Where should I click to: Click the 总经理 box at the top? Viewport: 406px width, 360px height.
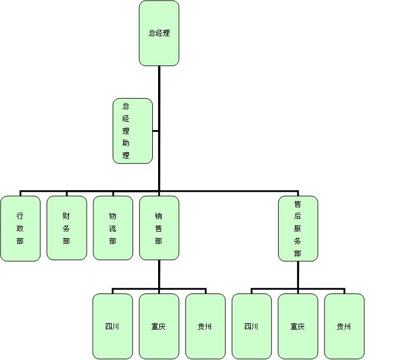coord(159,33)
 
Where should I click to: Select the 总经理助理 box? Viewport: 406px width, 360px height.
coord(133,131)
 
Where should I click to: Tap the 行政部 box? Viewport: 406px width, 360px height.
coord(20,228)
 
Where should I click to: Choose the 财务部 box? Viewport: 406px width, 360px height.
coord(67,228)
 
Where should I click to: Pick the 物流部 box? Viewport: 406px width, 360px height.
coord(113,228)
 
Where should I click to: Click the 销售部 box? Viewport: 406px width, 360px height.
coord(159,228)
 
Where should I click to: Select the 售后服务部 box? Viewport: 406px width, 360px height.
coord(298,228)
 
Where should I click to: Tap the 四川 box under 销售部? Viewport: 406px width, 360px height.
coord(112,326)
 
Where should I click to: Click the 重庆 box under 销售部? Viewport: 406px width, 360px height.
coord(159,326)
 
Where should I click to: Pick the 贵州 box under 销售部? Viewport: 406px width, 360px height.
coord(205,326)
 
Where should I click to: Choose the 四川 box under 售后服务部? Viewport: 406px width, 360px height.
coord(251,326)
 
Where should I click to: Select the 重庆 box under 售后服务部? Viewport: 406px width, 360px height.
coord(298,326)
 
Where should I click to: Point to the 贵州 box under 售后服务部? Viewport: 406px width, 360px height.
coord(344,326)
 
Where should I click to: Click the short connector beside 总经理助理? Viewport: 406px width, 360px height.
coord(155,131)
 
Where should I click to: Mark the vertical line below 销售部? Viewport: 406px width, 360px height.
coord(159,274)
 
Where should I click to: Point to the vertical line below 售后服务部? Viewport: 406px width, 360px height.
coord(298,274)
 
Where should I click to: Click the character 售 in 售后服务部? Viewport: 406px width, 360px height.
coord(298,204)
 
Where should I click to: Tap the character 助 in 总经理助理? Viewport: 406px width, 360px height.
coord(125,143)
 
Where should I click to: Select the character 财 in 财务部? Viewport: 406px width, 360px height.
coord(67,216)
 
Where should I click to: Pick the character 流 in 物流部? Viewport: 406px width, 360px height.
coord(113,229)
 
